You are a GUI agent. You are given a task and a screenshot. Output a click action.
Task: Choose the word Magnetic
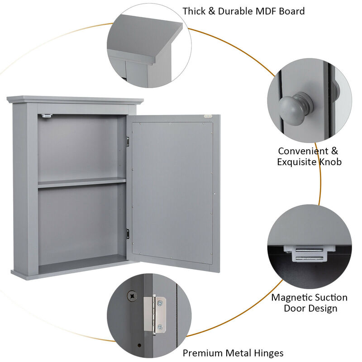tap(290, 298)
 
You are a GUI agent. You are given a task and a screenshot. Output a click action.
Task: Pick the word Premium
tap(202, 353)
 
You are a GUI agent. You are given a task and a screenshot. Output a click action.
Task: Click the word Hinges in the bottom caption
tap(268, 353)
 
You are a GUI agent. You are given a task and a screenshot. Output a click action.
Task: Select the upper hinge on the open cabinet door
tap(128, 142)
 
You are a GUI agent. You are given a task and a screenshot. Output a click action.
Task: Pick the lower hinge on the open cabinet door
tap(128, 233)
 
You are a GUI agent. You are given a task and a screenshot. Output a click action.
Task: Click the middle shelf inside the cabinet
tap(81, 182)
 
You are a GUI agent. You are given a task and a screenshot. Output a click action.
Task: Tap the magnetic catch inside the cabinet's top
tap(46, 116)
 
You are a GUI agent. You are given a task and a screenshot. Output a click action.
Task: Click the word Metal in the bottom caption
tap(238, 353)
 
